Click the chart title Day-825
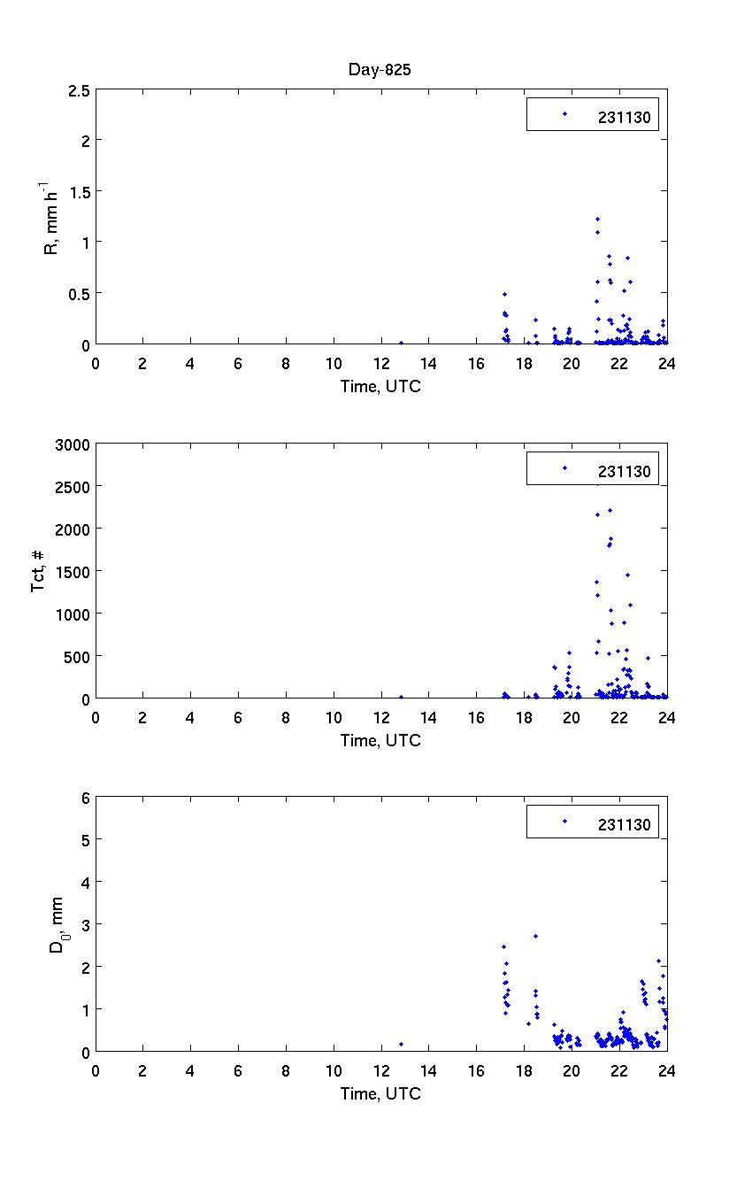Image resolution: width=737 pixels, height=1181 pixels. tap(380, 71)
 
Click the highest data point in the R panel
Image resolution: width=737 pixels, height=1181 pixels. tap(597, 219)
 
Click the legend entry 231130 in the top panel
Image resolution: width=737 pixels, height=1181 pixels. tap(624, 115)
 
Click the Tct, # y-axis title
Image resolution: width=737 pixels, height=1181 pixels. tap(39, 571)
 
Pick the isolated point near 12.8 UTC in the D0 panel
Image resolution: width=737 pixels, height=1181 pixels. tap(401, 1044)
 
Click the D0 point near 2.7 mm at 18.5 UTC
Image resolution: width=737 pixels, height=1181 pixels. tap(535, 936)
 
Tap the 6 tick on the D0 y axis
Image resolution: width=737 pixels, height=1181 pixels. tap(86, 798)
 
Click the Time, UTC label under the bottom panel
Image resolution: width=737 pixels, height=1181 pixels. tap(380, 1094)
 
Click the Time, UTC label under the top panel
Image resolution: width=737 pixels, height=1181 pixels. tap(380, 387)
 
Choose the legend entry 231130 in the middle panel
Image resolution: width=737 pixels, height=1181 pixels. tap(624, 471)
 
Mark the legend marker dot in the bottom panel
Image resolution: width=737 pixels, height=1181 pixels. tap(564, 822)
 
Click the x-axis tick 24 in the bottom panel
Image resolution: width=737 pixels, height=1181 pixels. tap(666, 1070)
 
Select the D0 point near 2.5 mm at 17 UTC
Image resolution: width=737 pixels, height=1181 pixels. tap(503, 946)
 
